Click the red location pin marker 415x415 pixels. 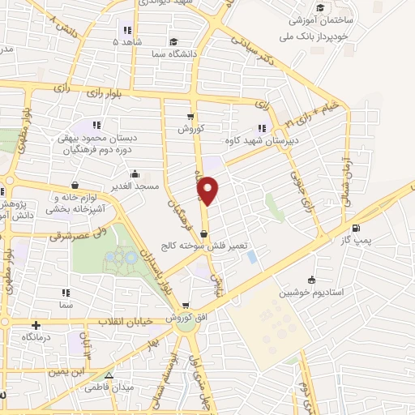click(x=207, y=190)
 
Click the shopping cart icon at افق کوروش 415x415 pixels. click(x=186, y=306)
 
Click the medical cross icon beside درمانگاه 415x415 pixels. click(x=36, y=325)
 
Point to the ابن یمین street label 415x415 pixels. click(x=66, y=372)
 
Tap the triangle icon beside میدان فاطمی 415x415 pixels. click(x=109, y=375)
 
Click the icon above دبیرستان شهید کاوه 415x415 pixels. click(x=262, y=126)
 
